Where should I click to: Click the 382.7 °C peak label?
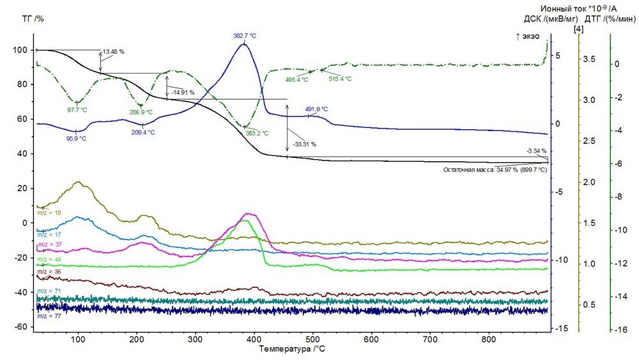pos(244,36)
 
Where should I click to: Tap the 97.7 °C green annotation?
pos(77,110)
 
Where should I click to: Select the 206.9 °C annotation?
pos(141,113)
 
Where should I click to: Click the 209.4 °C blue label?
pos(142,132)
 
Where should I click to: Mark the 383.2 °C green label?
pos(257,133)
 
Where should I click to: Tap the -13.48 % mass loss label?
pos(112,51)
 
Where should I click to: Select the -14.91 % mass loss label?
pos(183,93)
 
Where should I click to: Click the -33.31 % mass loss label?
pos(304,145)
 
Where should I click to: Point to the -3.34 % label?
pos(535,151)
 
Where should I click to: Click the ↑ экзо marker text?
pos(529,37)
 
